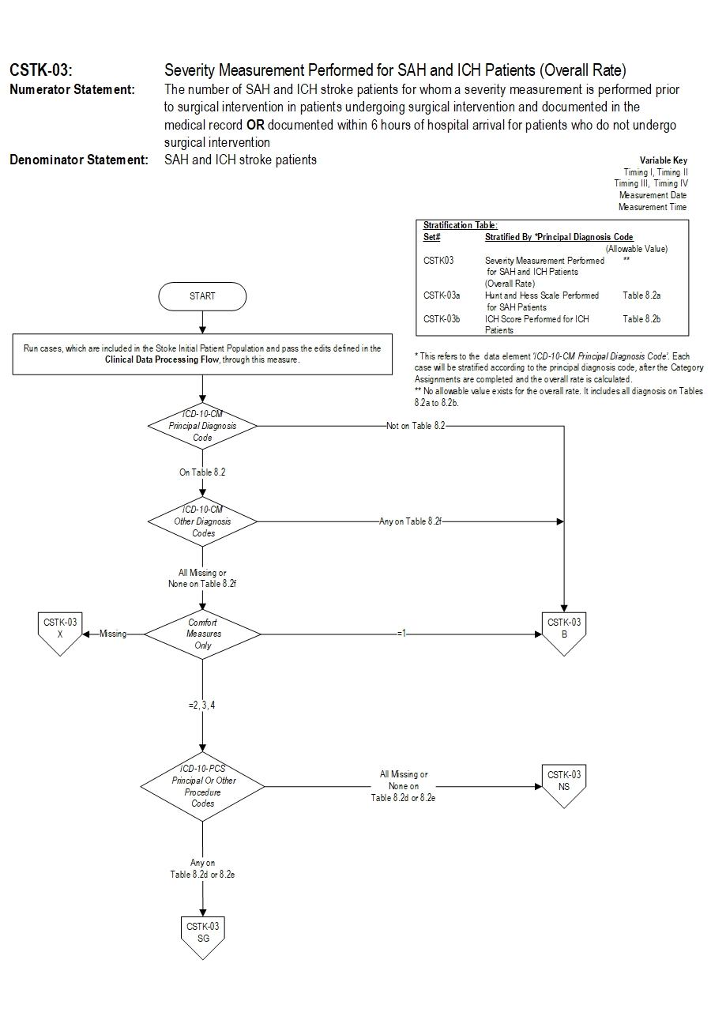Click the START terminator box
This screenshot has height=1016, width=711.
(202, 296)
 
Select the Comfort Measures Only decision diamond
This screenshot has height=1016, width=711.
(203, 634)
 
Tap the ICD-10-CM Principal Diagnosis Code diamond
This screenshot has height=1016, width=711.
(203, 426)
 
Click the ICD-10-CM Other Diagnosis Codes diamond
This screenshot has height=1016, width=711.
(203, 521)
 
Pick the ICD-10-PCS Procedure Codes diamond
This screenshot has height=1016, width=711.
(203, 786)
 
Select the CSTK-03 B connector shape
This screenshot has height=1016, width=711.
(564, 633)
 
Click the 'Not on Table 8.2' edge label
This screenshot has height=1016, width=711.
(415, 426)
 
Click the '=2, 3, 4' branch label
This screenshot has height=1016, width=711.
(202, 705)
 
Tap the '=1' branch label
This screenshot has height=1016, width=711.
(401, 634)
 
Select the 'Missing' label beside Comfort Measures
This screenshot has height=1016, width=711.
(113, 634)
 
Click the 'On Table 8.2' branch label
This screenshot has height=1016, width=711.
(202, 472)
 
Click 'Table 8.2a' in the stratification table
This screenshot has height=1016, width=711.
(641, 295)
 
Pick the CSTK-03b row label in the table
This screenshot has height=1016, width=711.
(442, 319)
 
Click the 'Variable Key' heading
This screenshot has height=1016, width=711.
(664, 160)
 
